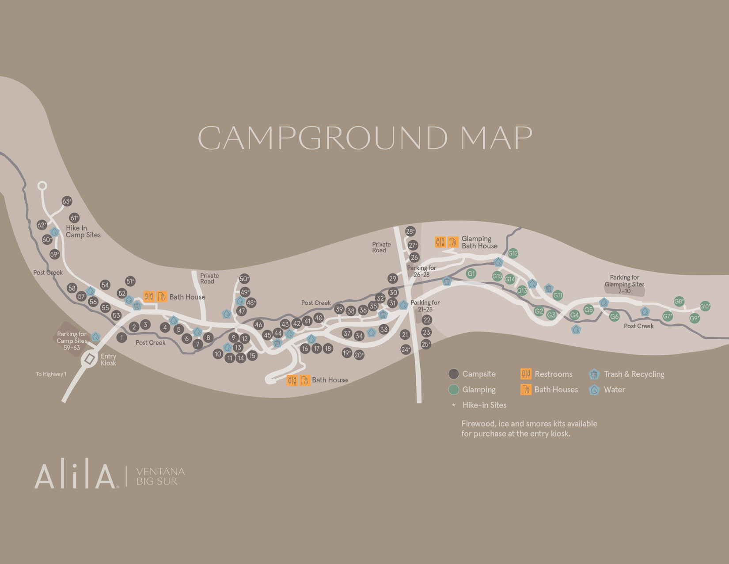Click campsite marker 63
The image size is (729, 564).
coord(67,201)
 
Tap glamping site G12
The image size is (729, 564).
coord(513,253)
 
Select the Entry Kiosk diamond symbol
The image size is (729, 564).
coord(90,359)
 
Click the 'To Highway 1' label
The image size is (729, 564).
coord(51,374)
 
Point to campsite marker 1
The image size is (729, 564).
coord(121,338)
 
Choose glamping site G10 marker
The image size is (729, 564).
coord(705,306)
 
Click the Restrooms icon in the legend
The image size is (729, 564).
coord(525,374)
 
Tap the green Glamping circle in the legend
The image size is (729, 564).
coord(453,389)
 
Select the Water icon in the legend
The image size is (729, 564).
coord(594,389)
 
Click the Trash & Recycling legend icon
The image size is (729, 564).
coord(594,374)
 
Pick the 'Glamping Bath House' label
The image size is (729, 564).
coord(479,242)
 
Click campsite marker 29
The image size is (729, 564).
coord(393,278)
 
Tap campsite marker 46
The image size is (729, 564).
coord(258,325)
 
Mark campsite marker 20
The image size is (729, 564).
coord(359,355)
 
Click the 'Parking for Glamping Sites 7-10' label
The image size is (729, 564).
coord(624,284)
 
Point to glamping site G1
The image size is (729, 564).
coord(471,273)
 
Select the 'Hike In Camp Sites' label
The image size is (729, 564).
coord(83,231)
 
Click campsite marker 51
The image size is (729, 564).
coord(130,281)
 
